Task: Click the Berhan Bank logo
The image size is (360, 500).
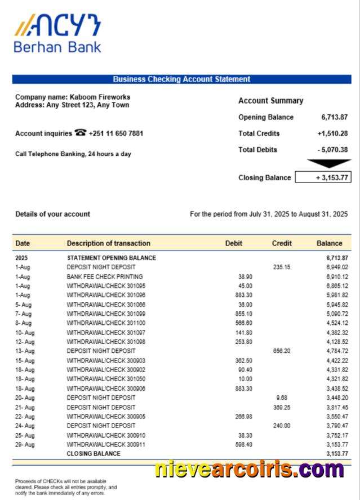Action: pos(57,34)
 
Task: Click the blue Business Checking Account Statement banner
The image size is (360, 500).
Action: pos(181,79)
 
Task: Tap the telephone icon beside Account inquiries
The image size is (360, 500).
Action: pos(81,133)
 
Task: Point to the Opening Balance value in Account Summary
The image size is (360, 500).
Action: pos(334,117)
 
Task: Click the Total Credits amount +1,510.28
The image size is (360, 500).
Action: pos(332,133)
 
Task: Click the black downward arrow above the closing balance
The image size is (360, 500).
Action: pos(328,164)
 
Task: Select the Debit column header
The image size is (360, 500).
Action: pos(233,243)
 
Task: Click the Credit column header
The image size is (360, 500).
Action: pos(282,243)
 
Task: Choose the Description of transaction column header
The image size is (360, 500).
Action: pos(109,243)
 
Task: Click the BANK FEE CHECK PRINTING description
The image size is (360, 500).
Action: pos(105,276)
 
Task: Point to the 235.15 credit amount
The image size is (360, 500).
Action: pos(282,267)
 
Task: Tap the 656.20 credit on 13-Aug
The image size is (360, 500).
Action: pos(282,351)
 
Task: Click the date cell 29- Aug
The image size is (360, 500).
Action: pos(25,444)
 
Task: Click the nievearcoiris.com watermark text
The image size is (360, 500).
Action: pos(249,468)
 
